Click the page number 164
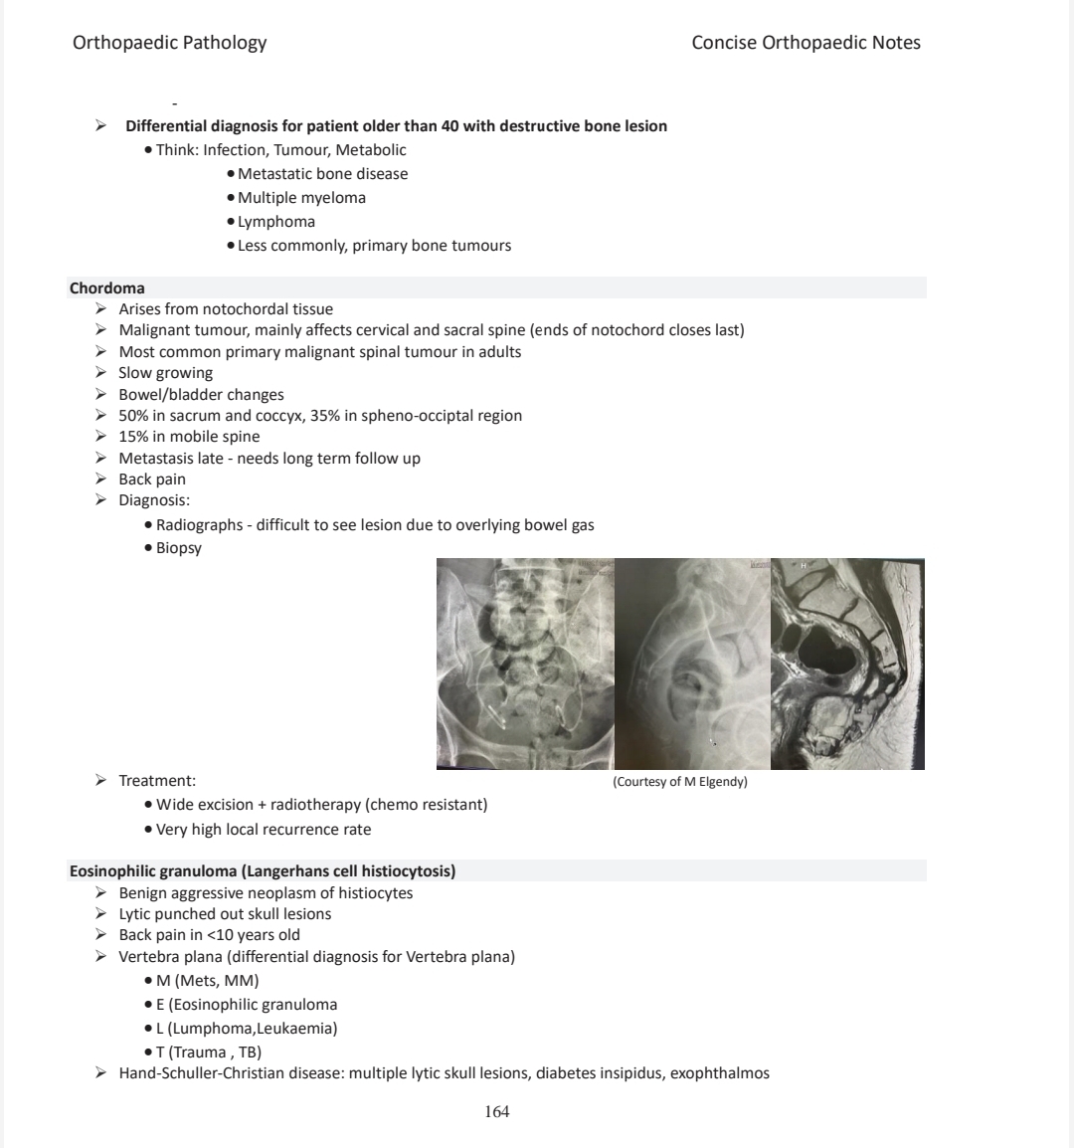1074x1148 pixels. (x=496, y=1112)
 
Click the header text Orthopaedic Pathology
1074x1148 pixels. (x=169, y=43)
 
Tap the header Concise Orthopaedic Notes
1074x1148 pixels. (x=805, y=43)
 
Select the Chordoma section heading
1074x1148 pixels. (x=106, y=288)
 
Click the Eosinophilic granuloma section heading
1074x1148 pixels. (x=263, y=871)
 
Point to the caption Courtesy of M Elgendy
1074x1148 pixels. (x=680, y=782)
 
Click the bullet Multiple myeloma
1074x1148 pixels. (x=301, y=198)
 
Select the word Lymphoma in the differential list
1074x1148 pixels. (x=276, y=222)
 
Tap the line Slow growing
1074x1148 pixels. (x=165, y=373)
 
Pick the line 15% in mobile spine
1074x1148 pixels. (x=189, y=437)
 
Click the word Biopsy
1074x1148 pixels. (x=179, y=548)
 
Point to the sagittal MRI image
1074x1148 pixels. (x=847, y=664)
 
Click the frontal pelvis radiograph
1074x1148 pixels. (x=525, y=664)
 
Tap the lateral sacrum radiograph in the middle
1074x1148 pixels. (x=692, y=664)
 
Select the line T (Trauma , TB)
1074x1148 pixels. (x=209, y=1052)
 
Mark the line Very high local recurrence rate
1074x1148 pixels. (x=264, y=830)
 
